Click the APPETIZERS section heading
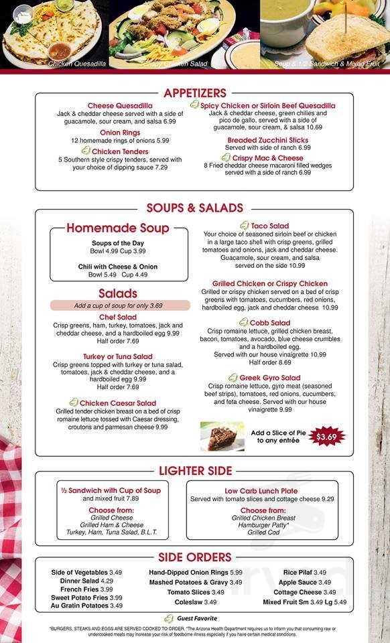coord(194,93)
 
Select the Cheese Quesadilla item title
coord(120,106)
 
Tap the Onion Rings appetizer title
coord(120,133)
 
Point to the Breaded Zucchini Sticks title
coord(267,140)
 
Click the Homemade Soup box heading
coord(118,228)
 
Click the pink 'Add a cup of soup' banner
coord(118,305)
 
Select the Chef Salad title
coord(118,317)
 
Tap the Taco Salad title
coord(270,226)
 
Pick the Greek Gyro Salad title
coord(270,378)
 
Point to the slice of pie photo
coord(222,436)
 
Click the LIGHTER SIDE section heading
coord(195,471)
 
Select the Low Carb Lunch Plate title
coord(261,491)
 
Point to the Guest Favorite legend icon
coord(169,618)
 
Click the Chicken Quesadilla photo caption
coord(77,64)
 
